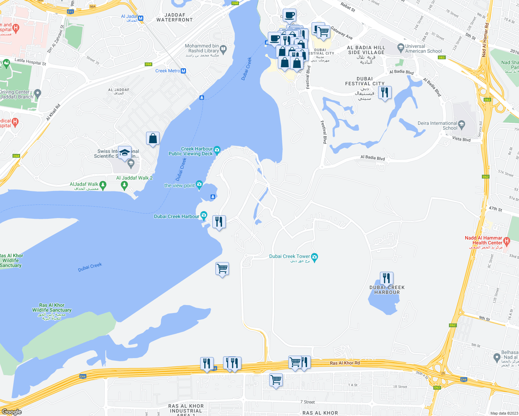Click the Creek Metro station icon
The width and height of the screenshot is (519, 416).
pyautogui.click(x=184, y=71)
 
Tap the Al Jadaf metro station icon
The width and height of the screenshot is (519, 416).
pyautogui.click(x=141, y=18)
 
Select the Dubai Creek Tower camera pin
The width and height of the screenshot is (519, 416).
pyautogui.click(x=315, y=257)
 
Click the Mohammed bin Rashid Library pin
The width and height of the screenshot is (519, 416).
pyautogui.click(x=223, y=49)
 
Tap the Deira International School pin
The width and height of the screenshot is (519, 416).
pyautogui.click(x=461, y=124)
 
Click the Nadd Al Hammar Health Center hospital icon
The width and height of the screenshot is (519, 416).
pyautogui.click(x=507, y=241)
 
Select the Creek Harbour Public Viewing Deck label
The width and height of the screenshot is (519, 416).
pyautogui.click(x=190, y=151)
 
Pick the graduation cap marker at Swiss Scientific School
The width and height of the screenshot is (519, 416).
pyautogui.click(x=125, y=153)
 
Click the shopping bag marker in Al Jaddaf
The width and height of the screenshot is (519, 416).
pyautogui.click(x=153, y=138)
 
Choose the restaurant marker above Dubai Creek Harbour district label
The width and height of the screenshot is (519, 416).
pyautogui.click(x=386, y=278)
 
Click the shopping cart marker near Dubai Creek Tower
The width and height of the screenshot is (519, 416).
pyautogui.click(x=222, y=268)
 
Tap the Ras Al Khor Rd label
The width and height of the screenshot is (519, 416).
pyautogui.click(x=345, y=363)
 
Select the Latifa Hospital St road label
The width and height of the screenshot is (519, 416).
pyautogui.click(x=30, y=62)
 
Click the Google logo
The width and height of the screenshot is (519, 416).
pyautogui.click(x=11, y=412)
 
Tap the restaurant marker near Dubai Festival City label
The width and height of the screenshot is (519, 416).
pyautogui.click(x=384, y=93)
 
